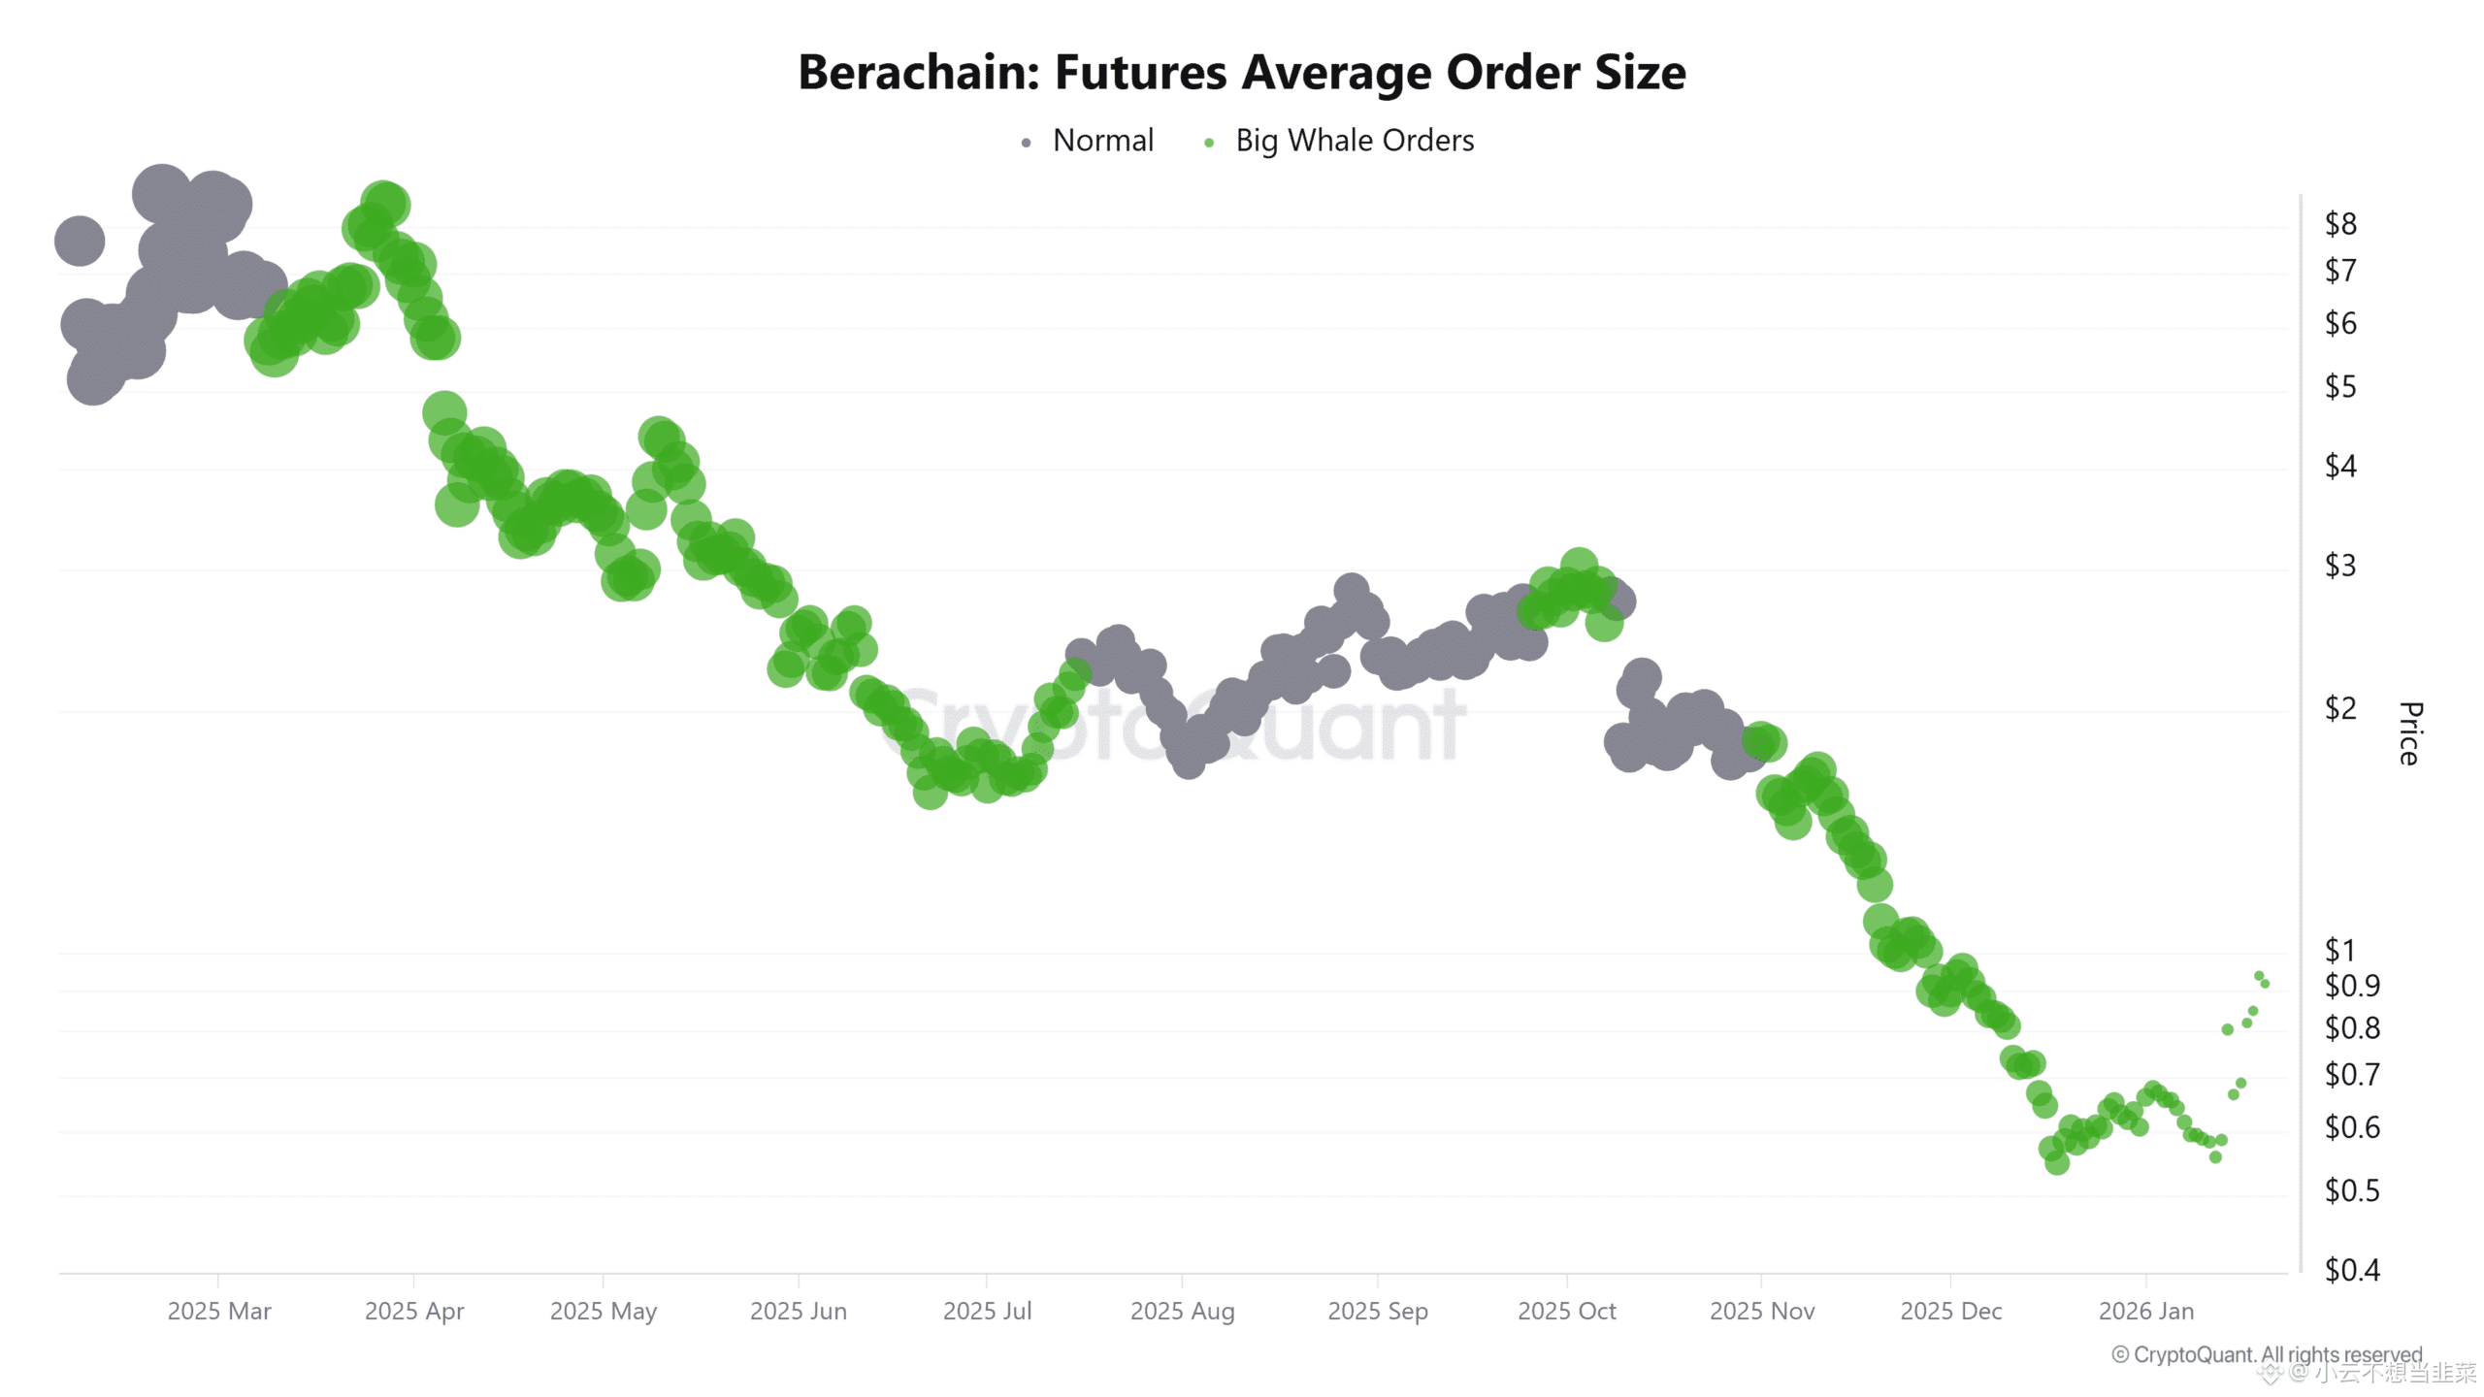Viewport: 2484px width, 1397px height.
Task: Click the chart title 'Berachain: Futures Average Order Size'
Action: pos(1242,73)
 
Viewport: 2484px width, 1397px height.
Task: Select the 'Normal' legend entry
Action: pos(1102,141)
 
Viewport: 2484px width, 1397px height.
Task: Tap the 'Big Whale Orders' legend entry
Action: pos(1354,141)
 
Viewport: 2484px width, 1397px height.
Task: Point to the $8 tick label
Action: pos(2339,224)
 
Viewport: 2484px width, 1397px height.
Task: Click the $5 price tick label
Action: pos(2339,387)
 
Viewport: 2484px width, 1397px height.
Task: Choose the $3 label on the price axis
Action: pos(2339,565)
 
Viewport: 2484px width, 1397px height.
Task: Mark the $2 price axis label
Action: pos(2339,708)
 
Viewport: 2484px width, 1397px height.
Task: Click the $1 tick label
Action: pos(2339,950)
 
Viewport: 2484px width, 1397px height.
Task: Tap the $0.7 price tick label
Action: pos(2351,1074)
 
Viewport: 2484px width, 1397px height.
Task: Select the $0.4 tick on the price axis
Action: pos(2351,1269)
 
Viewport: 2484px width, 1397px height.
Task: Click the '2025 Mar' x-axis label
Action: pos(219,1311)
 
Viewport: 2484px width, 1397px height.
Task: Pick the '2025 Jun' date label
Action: pos(798,1311)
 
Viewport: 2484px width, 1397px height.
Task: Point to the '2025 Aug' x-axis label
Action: pos(1182,1311)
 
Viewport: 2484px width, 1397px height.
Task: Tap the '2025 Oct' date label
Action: pos(1566,1311)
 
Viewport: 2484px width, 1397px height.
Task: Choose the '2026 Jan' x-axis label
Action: pos(2145,1311)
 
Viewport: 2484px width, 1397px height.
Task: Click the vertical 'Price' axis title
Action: pos(2409,733)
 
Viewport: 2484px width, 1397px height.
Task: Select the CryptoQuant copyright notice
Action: pos(2267,1354)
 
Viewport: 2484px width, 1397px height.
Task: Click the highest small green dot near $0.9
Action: pos(2259,976)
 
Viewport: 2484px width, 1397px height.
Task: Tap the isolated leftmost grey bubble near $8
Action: pos(80,241)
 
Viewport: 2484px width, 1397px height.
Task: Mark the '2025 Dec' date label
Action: pos(1950,1311)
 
